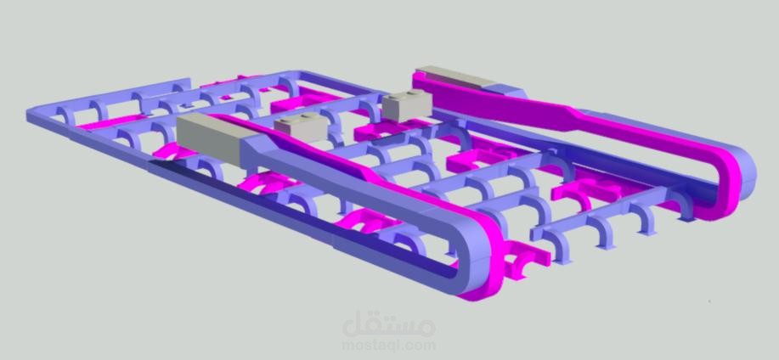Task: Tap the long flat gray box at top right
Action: click(x=456, y=77)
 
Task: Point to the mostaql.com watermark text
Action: click(x=389, y=345)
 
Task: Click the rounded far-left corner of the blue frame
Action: click(x=34, y=115)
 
